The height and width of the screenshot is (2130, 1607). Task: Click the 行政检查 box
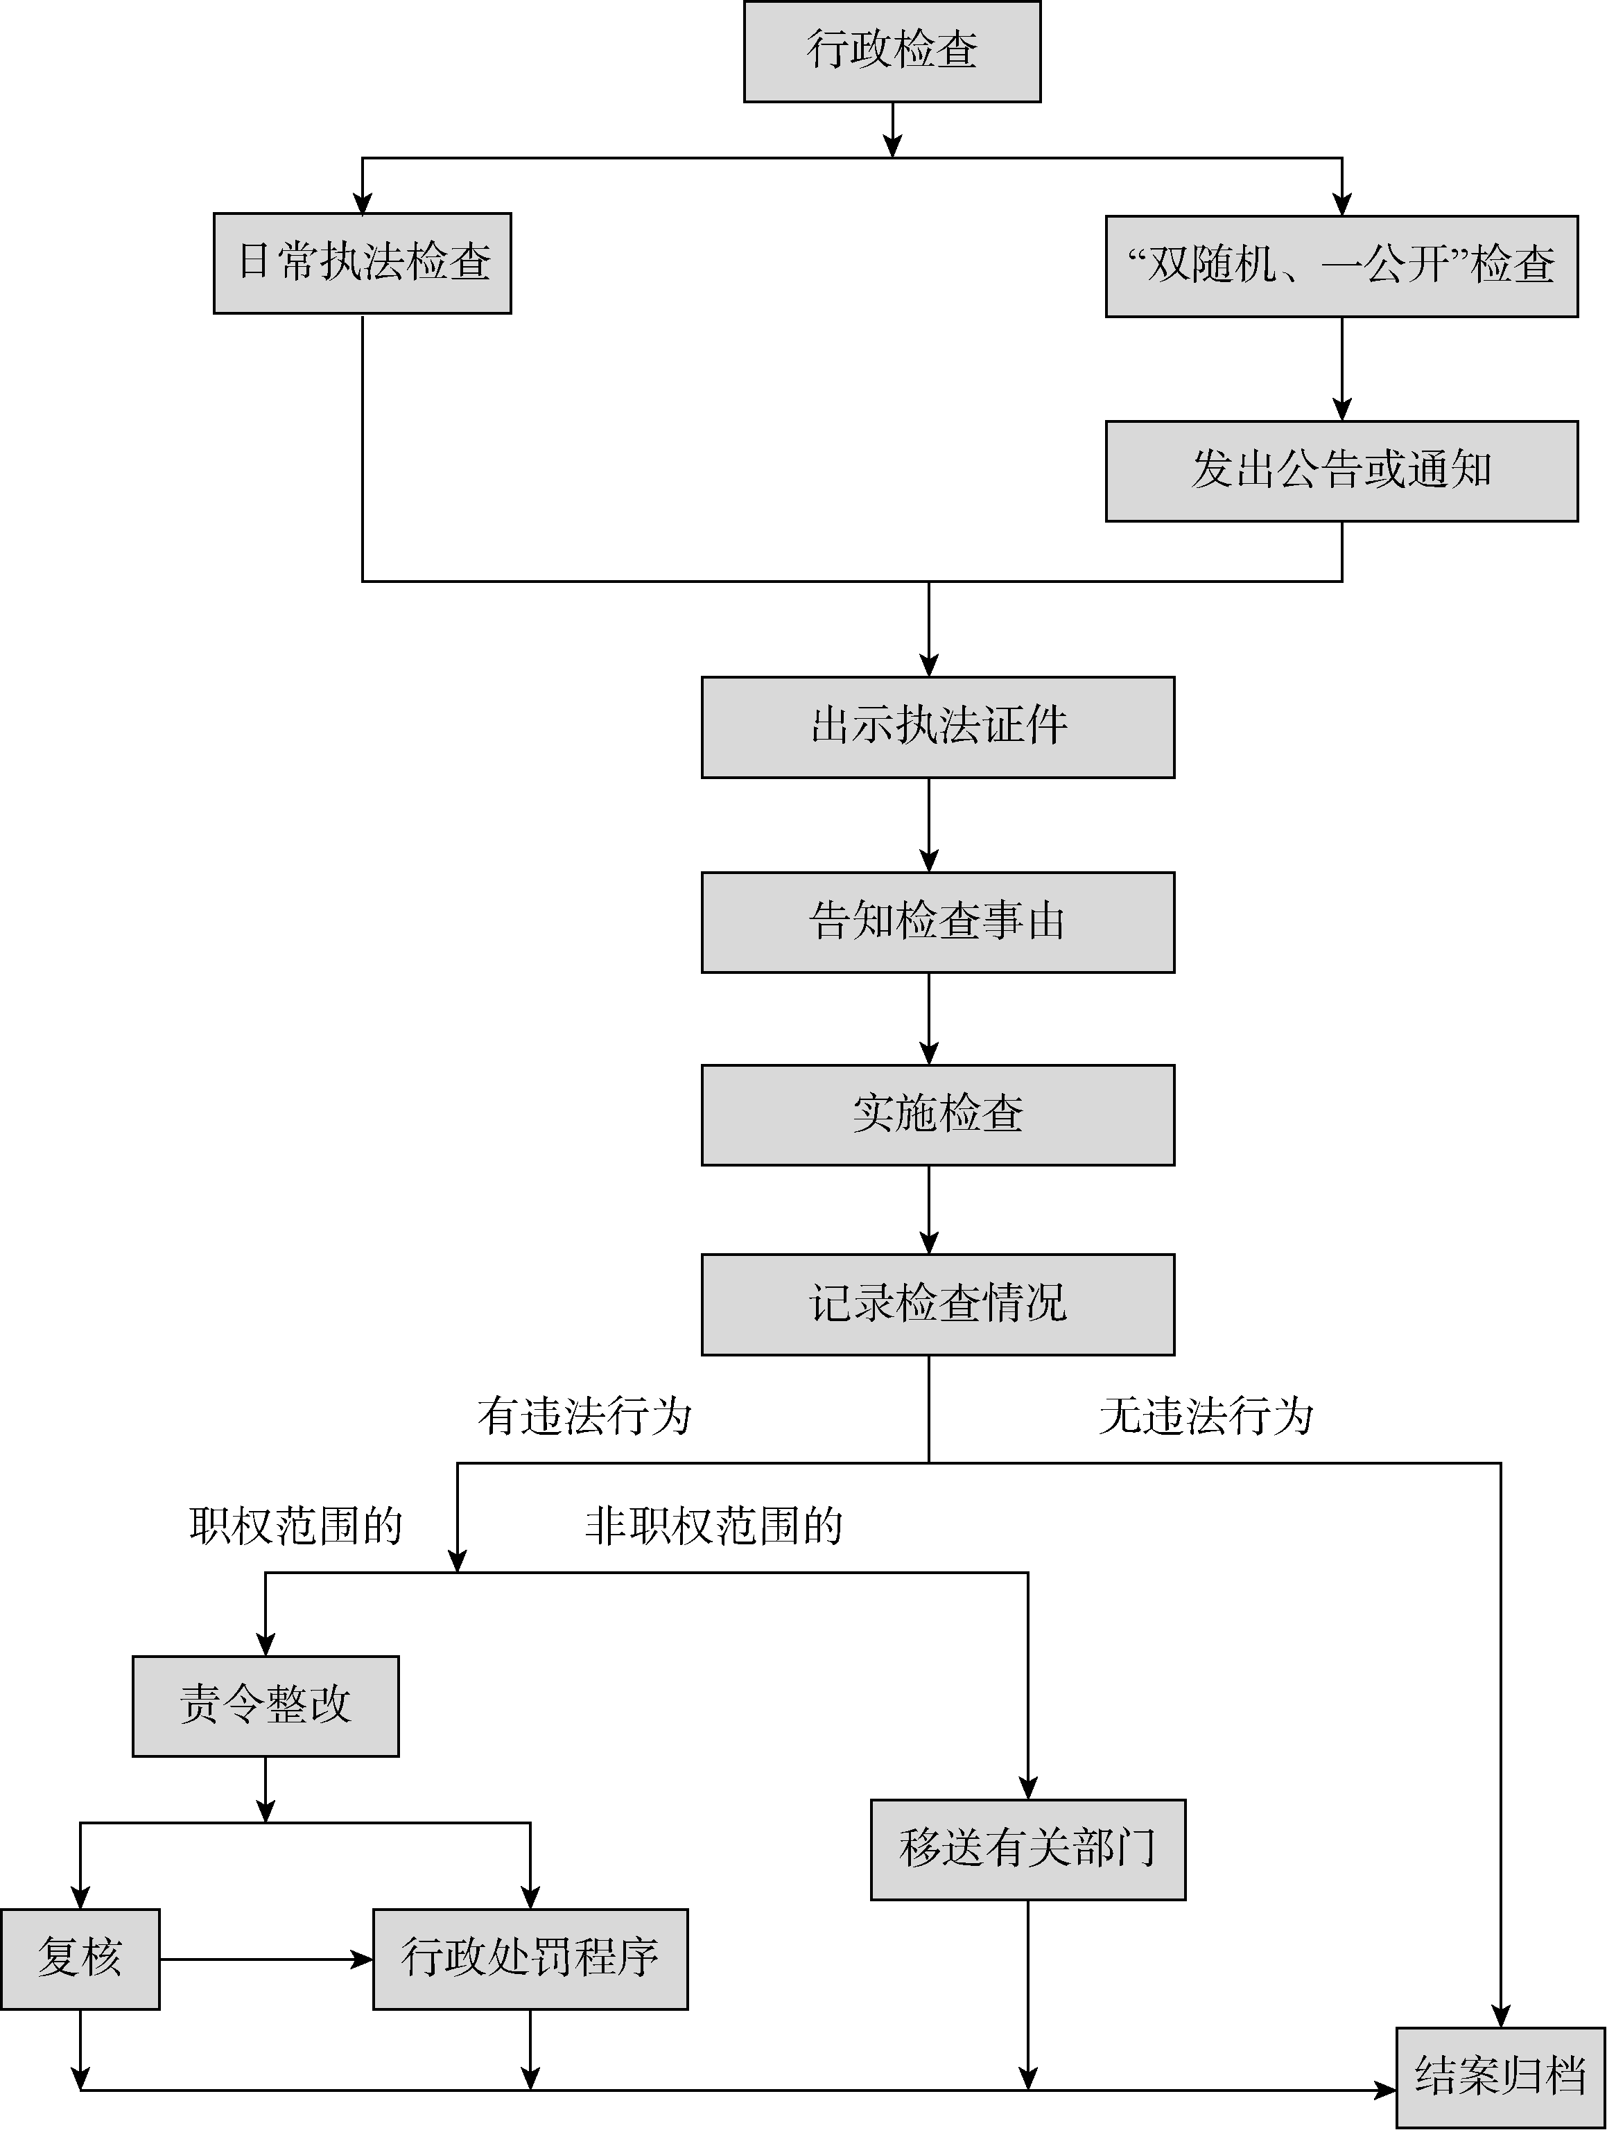click(x=892, y=51)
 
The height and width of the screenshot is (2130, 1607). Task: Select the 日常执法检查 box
click(x=362, y=263)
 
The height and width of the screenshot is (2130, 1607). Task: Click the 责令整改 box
click(x=265, y=1705)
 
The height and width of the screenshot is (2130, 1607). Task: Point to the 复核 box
click(x=80, y=1959)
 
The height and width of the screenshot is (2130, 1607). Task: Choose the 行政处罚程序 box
click(x=530, y=1959)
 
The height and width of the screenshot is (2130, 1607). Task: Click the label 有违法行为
click(x=584, y=1417)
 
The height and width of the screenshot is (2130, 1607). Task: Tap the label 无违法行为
click(x=1206, y=1417)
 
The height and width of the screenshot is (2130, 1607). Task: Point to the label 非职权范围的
click(x=713, y=1526)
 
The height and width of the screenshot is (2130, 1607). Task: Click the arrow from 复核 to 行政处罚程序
click(x=266, y=1959)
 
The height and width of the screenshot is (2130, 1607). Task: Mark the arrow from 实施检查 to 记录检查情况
click(x=928, y=1210)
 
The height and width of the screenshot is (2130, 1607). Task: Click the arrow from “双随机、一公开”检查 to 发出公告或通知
click(x=1341, y=368)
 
